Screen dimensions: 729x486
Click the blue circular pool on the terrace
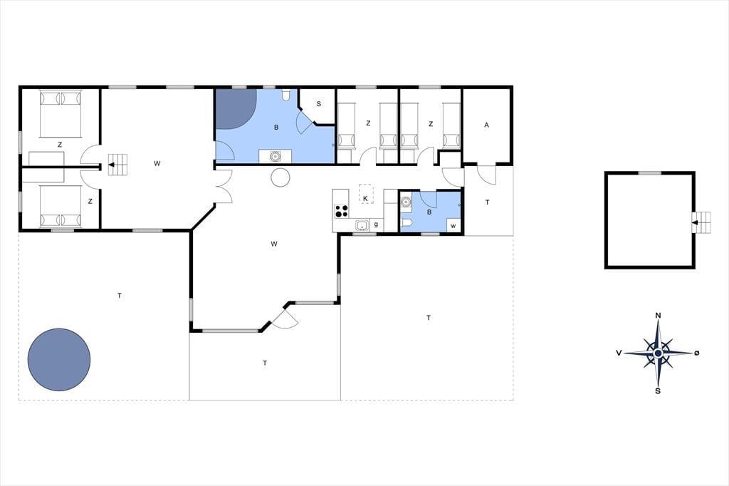click(x=59, y=359)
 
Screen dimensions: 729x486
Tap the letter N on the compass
click(x=658, y=316)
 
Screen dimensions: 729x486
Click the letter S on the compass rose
click(x=657, y=391)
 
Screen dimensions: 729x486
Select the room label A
click(x=487, y=125)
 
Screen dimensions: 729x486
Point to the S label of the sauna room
click(x=319, y=104)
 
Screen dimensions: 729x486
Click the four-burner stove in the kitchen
click(x=341, y=211)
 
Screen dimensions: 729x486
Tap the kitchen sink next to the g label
click(x=362, y=225)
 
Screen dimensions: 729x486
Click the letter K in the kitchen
click(x=365, y=199)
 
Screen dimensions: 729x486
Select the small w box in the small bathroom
click(x=453, y=225)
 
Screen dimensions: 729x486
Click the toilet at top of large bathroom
click(x=286, y=95)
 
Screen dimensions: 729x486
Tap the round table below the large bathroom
click(x=280, y=177)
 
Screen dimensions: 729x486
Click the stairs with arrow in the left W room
click(x=117, y=165)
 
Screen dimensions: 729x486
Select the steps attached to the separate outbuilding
click(x=701, y=223)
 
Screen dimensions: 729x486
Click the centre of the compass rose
click(x=658, y=353)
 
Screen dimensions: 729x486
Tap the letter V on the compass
click(x=619, y=353)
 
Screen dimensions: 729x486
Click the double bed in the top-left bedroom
click(x=61, y=113)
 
